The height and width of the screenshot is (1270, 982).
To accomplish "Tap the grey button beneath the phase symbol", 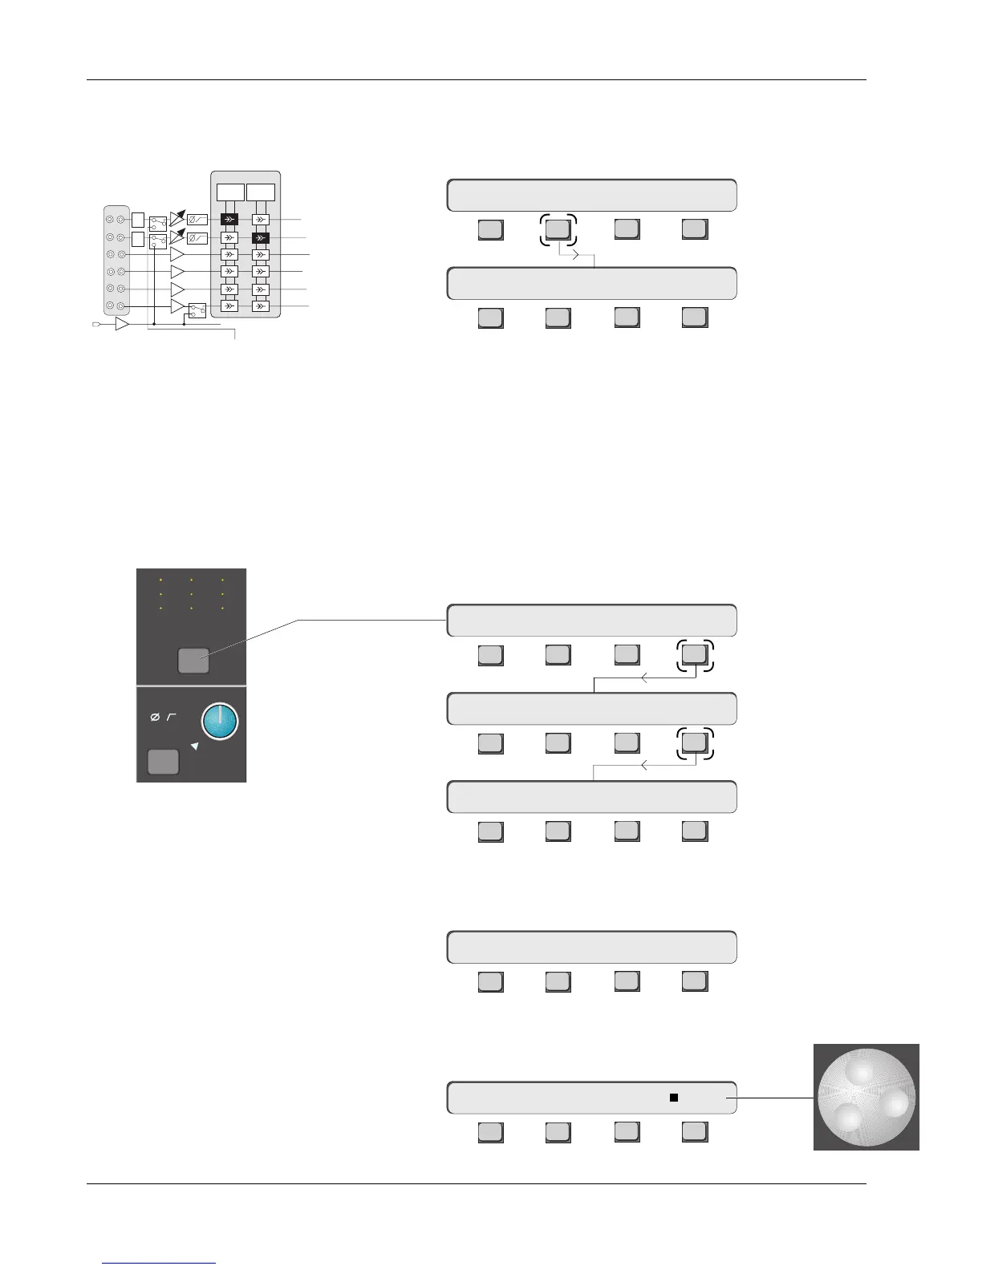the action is click(x=163, y=761).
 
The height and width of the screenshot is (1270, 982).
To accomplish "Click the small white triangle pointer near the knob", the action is click(x=194, y=746).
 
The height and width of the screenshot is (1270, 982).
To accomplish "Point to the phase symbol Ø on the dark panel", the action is click(x=155, y=718).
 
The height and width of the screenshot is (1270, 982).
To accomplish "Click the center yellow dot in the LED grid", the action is click(x=192, y=594).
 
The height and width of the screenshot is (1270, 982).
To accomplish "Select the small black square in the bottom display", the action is click(x=674, y=1098).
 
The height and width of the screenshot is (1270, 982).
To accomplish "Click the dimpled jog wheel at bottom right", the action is click(x=866, y=1096).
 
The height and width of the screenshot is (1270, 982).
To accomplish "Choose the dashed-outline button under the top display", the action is click(x=558, y=229).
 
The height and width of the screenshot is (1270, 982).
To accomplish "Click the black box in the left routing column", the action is click(x=229, y=220).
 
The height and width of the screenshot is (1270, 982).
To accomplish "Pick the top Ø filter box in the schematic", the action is click(x=197, y=220).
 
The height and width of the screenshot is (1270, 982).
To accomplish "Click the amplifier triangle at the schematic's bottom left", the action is click(x=122, y=324).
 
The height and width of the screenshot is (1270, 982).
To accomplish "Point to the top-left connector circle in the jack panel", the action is click(x=110, y=219).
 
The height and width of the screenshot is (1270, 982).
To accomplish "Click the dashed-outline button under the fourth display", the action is click(x=694, y=742).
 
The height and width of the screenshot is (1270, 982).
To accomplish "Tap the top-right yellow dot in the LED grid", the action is click(x=222, y=579).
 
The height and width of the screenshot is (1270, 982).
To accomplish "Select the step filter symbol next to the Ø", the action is click(x=170, y=718).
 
